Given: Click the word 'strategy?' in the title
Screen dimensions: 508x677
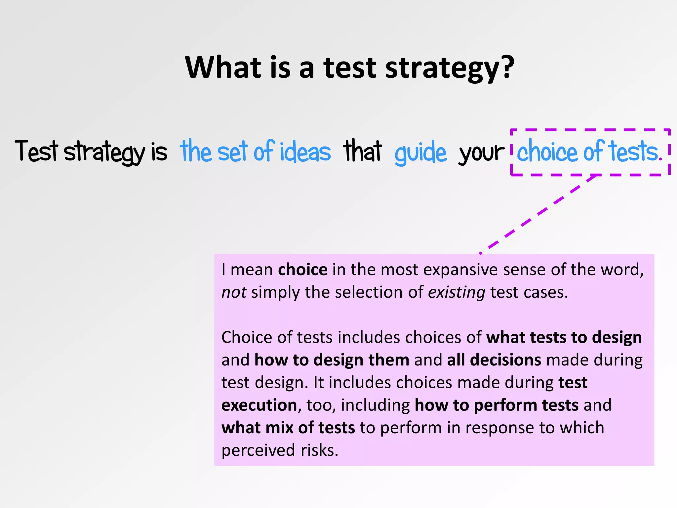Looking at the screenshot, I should click(450, 68).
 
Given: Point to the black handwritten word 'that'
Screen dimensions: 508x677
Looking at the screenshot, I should click(363, 151).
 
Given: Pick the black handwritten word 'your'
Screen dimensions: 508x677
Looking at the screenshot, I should click(481, 153).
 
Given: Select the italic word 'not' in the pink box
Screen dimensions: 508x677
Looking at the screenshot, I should click(234, 292).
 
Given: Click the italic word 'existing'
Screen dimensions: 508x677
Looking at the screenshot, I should click(457, 292).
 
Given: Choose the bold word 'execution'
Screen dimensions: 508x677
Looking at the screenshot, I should click(259, 405).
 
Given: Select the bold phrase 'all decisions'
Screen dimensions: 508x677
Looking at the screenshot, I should click(494, 360).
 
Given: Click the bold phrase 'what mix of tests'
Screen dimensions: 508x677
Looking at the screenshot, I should click(288, 428).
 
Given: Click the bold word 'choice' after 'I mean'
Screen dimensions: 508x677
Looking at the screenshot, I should click(302, 270).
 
